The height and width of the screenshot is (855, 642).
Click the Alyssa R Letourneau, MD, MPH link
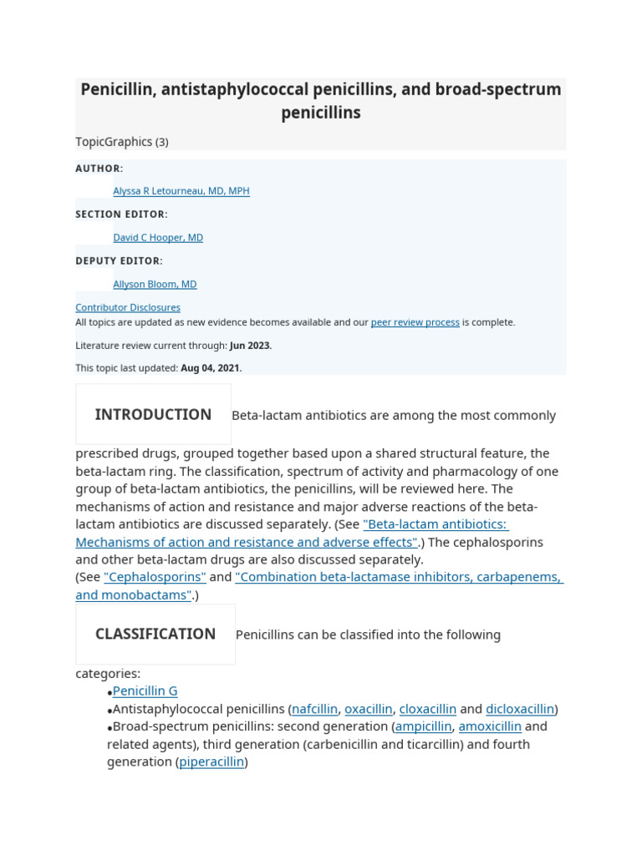click(181, 191)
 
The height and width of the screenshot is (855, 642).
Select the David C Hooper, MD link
click(158, 238)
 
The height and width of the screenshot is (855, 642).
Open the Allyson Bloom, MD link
click(155, 285)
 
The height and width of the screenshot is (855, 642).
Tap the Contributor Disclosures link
click(128, 307)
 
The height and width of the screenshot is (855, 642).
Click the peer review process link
click(415, 322)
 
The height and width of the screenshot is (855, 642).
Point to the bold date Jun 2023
click(250, 346)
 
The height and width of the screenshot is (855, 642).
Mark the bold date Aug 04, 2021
click(211, 368)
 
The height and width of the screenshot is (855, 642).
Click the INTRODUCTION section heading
click(153, 415)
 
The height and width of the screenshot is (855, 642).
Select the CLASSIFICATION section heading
click(155, 635)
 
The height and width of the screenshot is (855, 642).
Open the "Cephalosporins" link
click(155, 577)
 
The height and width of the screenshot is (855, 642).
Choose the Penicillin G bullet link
click(145, 691)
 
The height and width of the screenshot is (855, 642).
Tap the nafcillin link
click(314, 709)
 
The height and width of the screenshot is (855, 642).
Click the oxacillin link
click(368, 709)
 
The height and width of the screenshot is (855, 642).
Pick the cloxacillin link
click(427, 709)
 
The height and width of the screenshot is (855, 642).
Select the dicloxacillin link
click(519, 709)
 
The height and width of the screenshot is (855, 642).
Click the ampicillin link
click(423, 726)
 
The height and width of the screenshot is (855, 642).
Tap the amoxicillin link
click(490, 726)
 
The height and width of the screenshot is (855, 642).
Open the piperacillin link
click(211, 762)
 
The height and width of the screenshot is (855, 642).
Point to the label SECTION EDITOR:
click(121, 215)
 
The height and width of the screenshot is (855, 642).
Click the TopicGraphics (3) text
click(122, 142)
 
